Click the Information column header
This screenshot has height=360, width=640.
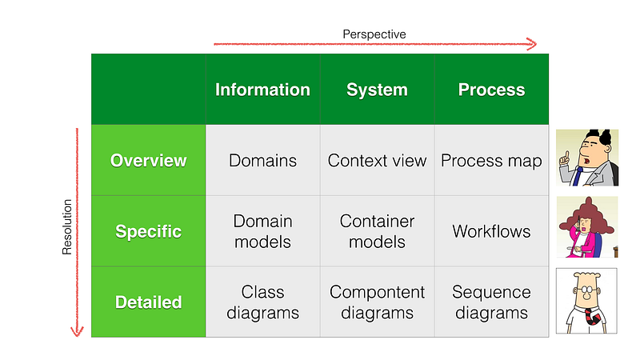pyautogui.click(x=263, y=90)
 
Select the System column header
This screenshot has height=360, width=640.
pyautogui.click(x=377, y=90)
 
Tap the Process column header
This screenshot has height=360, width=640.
pyautogui.click(x=491, y=90)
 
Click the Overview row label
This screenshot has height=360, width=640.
pyautogui.click(x=149, y=160)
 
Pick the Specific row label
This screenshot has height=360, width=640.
pyautogui.click(x=149, y=231)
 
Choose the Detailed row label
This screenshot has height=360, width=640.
pyautogui.click(x=149, y=302)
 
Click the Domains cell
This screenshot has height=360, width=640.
pyautogui.click(x=263, y=160)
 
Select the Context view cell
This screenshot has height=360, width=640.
pyautogui.click(x=377, y=160)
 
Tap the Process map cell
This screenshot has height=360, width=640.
pyautogui.click(x=491, y=160)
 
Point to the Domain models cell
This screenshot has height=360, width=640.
pyautogui.click(x=263, y=231)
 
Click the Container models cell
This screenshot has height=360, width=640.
pyautogui.click(x=377, y=231)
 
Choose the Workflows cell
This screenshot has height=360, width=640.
pyautogui.click(x=491, y=231)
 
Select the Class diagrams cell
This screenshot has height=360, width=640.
pyautogui.click(x=263, y=302)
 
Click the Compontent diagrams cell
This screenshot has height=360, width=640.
pyautogui.click(x=377, y=302)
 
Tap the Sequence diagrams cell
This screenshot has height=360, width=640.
pyautogui.click(x=491, y=302)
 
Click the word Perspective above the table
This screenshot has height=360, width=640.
pyautogui.click(x=374, y=34)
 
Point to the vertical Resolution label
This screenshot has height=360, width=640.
pyautogui.click(x=67, y=227)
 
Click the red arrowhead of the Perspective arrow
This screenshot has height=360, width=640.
pyautogui.click(x=532, y=44)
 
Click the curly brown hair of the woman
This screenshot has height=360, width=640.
pyautogui.click(x=587, y=215)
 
